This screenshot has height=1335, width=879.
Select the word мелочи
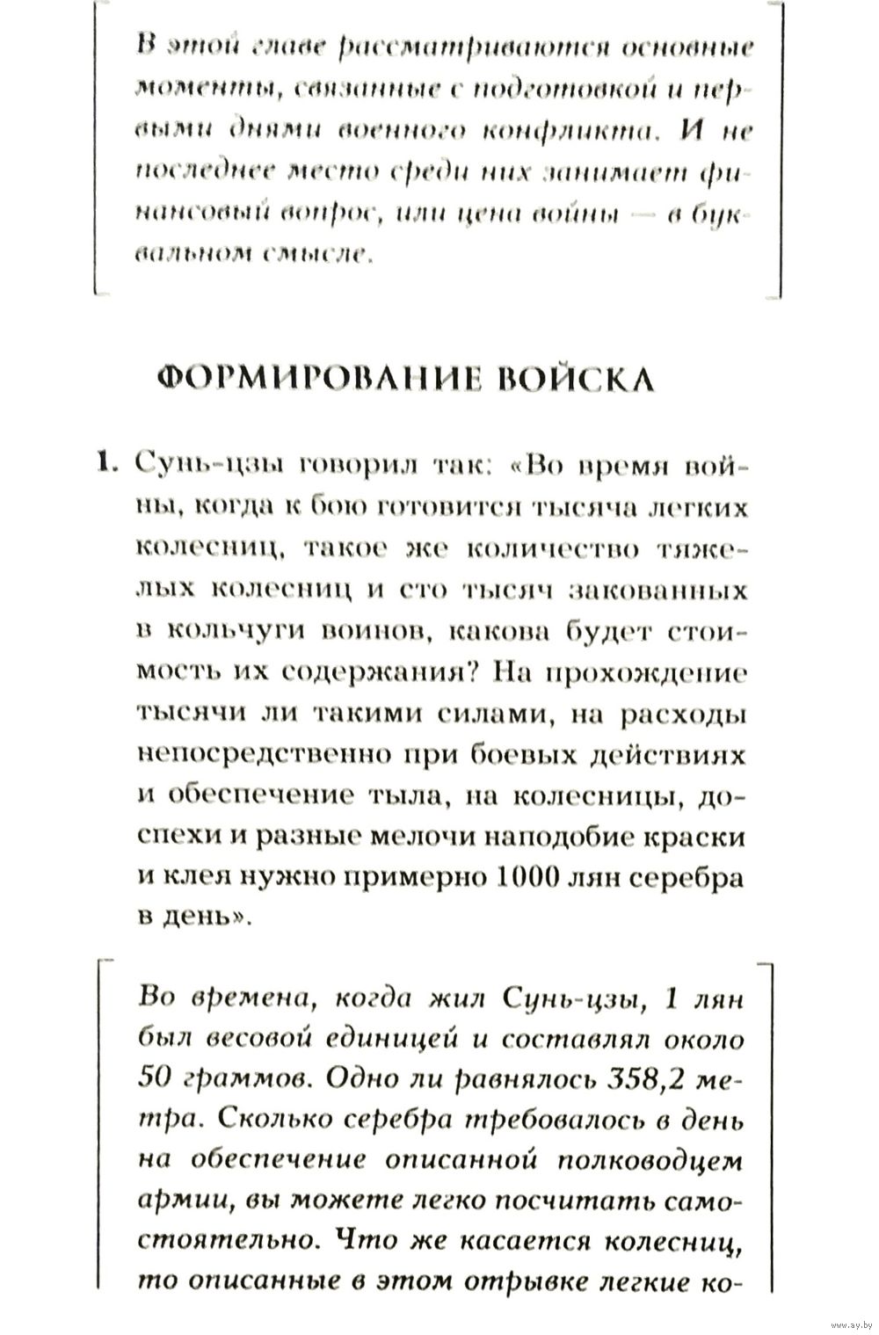coord(413,837)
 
